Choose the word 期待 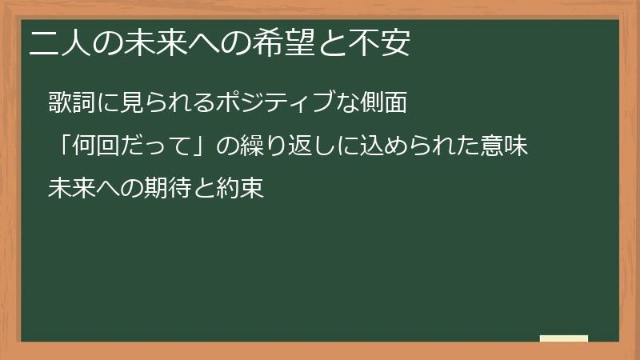point(161,189)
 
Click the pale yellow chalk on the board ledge point(563,338)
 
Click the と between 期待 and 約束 point(202,190)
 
